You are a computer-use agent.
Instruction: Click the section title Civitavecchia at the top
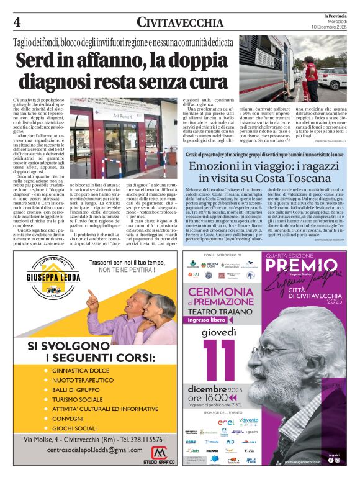[180, 23]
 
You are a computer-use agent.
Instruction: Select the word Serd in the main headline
[42, 62]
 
